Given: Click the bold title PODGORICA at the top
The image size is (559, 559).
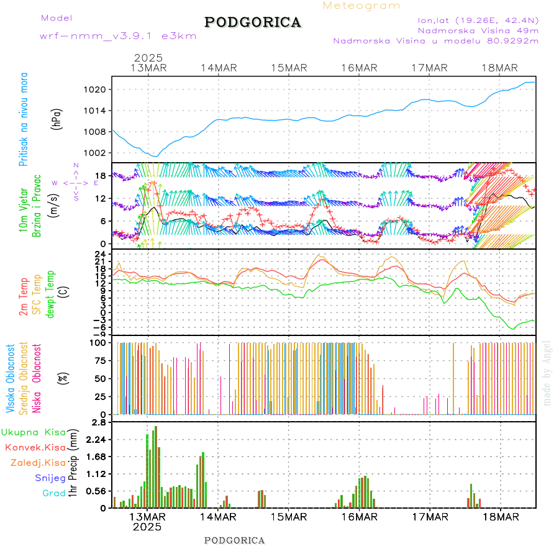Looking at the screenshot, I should [x=253, y=22].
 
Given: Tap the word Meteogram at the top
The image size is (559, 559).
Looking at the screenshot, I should [x=361, y=6].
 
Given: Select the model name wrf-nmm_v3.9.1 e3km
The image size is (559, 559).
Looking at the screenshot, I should [x=118, y=36].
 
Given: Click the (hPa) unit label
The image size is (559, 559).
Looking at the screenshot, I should [x=58, y=119].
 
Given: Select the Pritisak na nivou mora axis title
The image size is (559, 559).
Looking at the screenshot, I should [x=24, y=119].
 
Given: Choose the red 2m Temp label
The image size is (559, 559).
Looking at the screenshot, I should [x=24, y=297].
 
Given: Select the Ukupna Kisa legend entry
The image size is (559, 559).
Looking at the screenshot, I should [x=33, y=432].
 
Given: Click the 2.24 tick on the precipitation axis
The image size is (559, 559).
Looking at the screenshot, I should [x=96, y=439].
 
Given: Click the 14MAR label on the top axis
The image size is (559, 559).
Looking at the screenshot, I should [x=219, y=68].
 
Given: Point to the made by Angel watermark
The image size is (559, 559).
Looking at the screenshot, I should [x=547, y=373].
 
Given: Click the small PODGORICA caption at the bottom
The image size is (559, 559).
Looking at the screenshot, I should [x=235, y=540].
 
